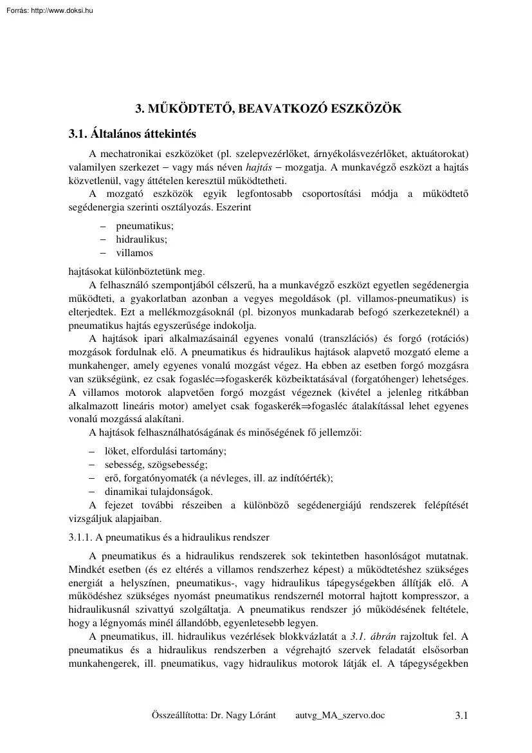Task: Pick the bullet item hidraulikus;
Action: point(141,239)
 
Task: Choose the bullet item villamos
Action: point(134,253)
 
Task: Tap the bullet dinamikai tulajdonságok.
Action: point(154,492)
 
